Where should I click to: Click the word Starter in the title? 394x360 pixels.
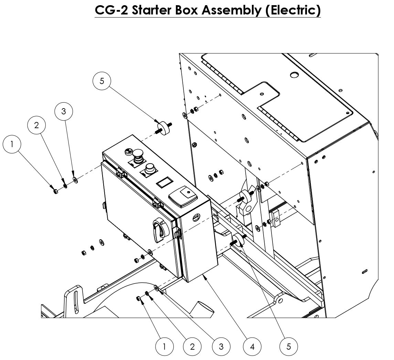click(x=153, y=10)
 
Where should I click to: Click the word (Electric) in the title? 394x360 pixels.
click(x=292, y=10)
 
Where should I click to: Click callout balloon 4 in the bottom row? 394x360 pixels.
click(x=252, y=346)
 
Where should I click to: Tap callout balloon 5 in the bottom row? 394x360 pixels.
click(x=288, y=346)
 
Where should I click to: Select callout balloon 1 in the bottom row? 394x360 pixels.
click(x=164, y=346)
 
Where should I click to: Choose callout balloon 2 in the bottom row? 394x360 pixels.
click(x=192, y=346)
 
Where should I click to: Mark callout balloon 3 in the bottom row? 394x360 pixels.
click(x=221, y=346)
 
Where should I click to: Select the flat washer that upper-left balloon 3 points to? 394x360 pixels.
click(x=75, y=180)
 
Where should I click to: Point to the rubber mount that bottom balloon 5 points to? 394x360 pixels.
click(x=238, y=240)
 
